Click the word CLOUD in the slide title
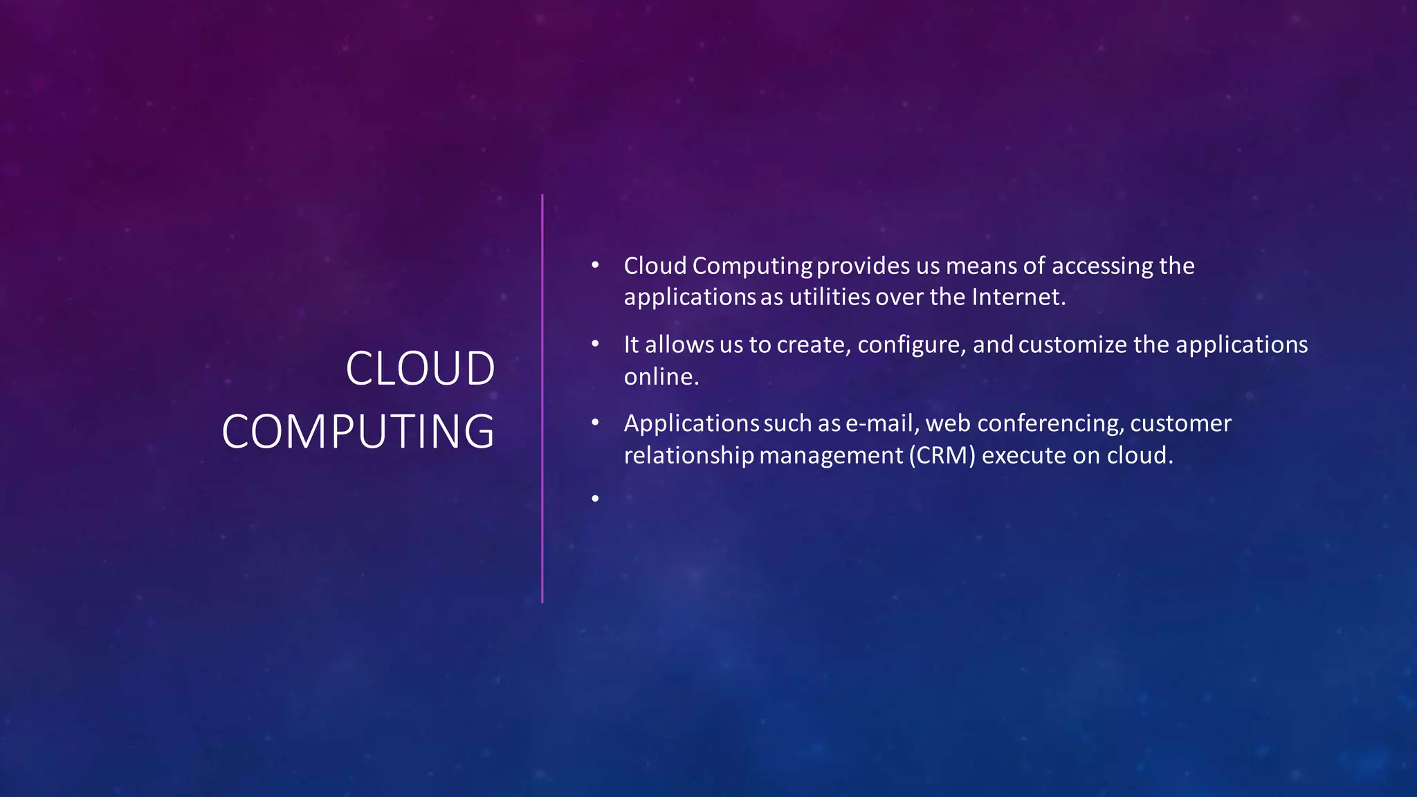click(420, 368)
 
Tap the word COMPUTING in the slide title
click(358, 432)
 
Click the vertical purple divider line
click(542, 398)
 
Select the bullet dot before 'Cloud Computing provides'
click(595, 266)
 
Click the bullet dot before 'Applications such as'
click(595, 423)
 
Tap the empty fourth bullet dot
click(595, 498)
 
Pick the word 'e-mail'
click(879, 423)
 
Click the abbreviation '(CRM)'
click(942, 455)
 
